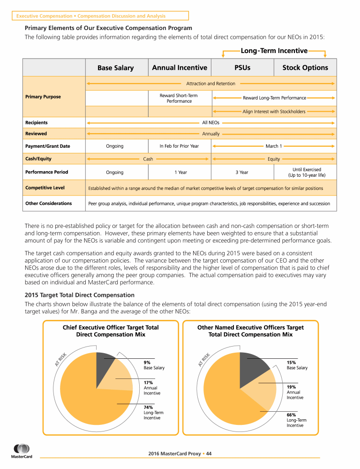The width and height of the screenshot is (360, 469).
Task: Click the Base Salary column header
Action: tap(115, 68)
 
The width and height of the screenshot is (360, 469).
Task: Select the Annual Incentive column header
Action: tap(180, 68)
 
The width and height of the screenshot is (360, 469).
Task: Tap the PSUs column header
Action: tap(242, 68)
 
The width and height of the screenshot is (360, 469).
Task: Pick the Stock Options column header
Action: tap(305, 68)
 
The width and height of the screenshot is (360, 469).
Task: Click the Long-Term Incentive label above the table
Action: tap(274, 51)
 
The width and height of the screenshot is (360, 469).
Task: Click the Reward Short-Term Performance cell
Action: tap(179, 98)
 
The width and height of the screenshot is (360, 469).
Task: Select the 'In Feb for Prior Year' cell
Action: tap(179, 146)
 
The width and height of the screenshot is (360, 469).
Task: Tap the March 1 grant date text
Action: tap(274, 146)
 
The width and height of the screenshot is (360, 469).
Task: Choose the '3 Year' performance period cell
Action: tap(242, 173)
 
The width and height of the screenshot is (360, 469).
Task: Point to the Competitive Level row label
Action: tap(45, 188)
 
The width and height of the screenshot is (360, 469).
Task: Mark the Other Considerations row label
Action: tap(48, 204)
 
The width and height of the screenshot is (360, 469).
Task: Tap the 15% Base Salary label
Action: tap(297, 365)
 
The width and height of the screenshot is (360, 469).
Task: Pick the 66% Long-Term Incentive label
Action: tap(296, 420)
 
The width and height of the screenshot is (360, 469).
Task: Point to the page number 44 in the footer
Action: tap(209, 454)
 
